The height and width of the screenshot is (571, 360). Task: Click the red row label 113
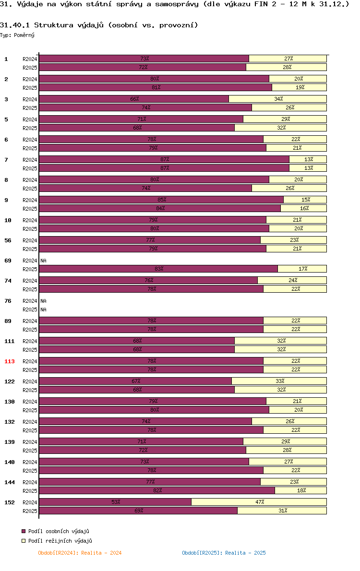pos(10,362)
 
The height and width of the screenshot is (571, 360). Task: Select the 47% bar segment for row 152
pos(259,502)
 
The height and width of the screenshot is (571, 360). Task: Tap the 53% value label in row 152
pos(116,502)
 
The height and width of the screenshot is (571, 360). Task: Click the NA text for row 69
pos(43,261)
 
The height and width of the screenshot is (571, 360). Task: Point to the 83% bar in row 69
pos(158,269)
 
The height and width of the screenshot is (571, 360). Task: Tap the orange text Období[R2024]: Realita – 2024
pos(80,553)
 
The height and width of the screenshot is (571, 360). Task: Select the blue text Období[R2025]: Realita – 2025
pos(224,553)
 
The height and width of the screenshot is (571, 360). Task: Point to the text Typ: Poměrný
pos(17,35)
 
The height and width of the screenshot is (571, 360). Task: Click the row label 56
pos(8,241)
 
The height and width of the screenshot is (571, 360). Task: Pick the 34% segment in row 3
pos(277,99)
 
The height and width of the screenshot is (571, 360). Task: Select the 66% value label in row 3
pos(134,99)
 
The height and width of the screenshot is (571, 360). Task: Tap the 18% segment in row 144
pos(300,490)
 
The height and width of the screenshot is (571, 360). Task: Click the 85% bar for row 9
pos(161,200)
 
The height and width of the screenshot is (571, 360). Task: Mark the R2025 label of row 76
pos(30,309)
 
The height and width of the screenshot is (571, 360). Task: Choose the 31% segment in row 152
pos(282,511)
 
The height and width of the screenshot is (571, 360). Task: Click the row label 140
pos(10,463)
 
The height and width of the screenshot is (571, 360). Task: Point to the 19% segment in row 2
pos(299,87)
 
